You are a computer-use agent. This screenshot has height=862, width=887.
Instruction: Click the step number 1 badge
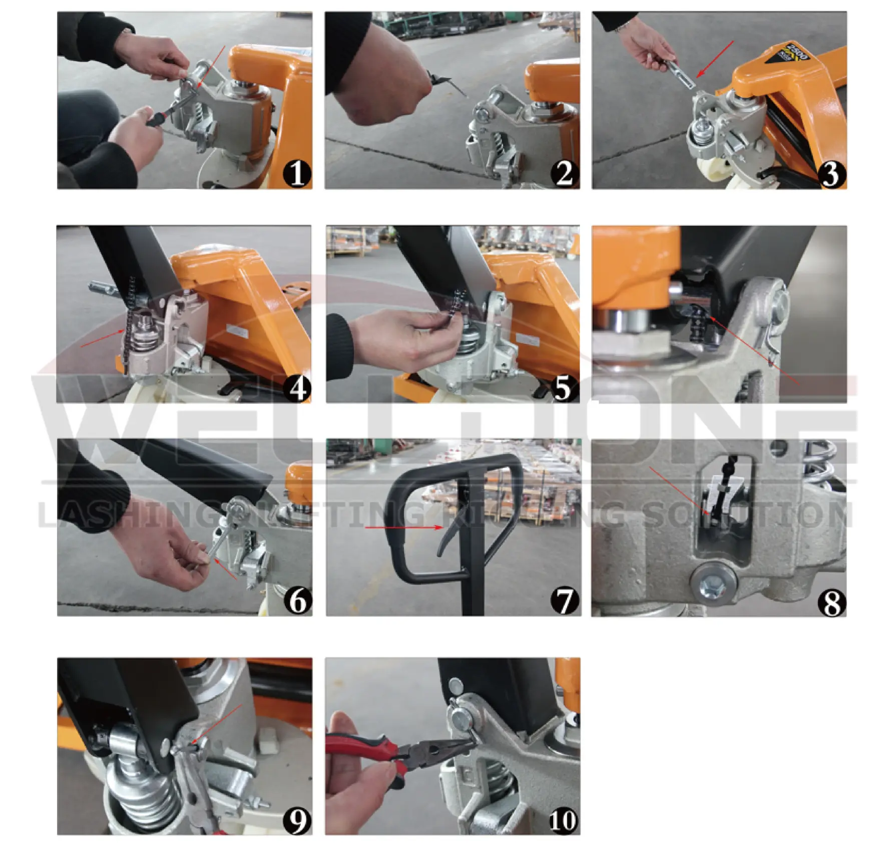pos(297,174)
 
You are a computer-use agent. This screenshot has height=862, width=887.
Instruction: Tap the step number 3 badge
pos(831,174)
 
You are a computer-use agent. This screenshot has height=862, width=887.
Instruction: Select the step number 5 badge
pos(564,387)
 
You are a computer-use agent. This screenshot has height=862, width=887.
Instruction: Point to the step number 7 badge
pos(565,600)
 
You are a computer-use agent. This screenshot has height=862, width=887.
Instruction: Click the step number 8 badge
pos(831,602)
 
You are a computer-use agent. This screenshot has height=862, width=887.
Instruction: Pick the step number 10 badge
pos(564,820)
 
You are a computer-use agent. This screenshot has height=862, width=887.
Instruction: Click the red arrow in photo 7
pos(403,527)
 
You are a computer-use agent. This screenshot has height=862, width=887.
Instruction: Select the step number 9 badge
pos(297,820)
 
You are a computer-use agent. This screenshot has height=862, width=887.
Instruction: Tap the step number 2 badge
pos(565,174)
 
